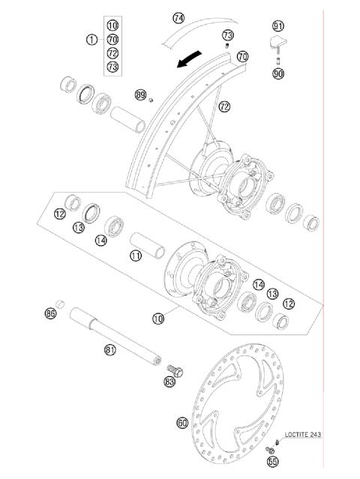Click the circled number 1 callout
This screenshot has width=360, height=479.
coord(91,39)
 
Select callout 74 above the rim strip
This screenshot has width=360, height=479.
coord(178,17)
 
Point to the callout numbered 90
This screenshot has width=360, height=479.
coord(278,73)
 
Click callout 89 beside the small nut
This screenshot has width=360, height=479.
coord(140,94)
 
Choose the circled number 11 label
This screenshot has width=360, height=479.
coord(135,256)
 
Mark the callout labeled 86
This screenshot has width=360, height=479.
coord(51,313)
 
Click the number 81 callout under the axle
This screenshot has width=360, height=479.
coord(110,349)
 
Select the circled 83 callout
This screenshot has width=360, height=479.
coord(170,382)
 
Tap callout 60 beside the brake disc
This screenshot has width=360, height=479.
coord(182,423)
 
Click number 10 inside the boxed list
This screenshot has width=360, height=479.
coord(112,25)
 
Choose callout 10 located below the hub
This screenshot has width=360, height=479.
coord(157,318)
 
